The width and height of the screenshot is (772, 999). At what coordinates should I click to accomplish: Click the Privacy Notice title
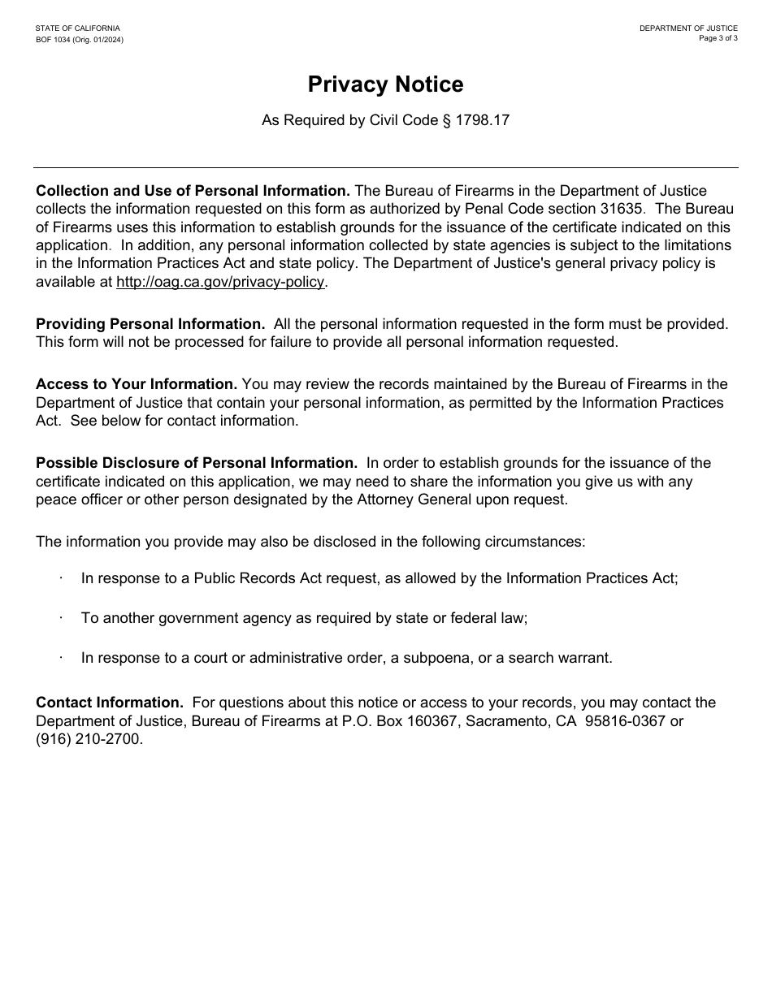(x=385, y=84)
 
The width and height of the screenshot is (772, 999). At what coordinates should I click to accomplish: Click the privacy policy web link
(x=221, y=282)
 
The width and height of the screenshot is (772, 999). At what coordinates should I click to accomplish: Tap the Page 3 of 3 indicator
(x=718, y=38)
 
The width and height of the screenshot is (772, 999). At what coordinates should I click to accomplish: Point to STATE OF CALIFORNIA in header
(x=77, y=28)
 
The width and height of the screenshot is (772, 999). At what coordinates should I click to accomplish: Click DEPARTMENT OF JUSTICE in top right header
(x=688, y=28)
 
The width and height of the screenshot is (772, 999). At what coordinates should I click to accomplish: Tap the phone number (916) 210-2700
(x=89, y=739)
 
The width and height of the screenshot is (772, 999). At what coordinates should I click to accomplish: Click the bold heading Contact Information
(x=110, y=702)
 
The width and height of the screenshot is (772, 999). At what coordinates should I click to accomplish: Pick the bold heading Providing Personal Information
(x=150, y=323)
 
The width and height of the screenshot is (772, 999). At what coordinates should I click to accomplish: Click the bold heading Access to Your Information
(x=137, y=383)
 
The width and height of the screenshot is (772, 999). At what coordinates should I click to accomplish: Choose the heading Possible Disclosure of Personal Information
(x=196, y=462)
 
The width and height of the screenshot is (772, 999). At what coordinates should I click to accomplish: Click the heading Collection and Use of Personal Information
(x=193, y=190)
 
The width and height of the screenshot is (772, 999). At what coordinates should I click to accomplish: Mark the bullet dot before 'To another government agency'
(x=61, y=617)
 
